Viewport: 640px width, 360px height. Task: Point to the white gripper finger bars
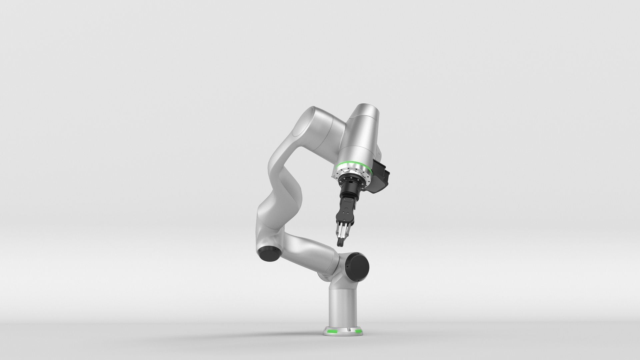(343, 230)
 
